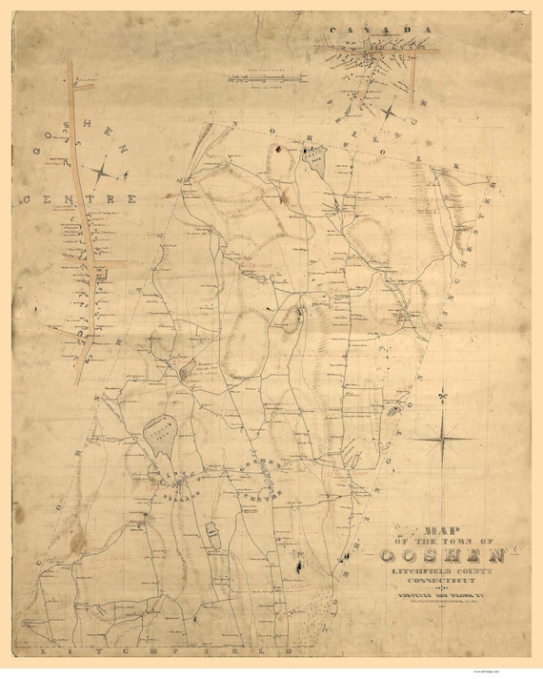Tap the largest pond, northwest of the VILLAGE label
[160, 434]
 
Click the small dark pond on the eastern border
[392, 412]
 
